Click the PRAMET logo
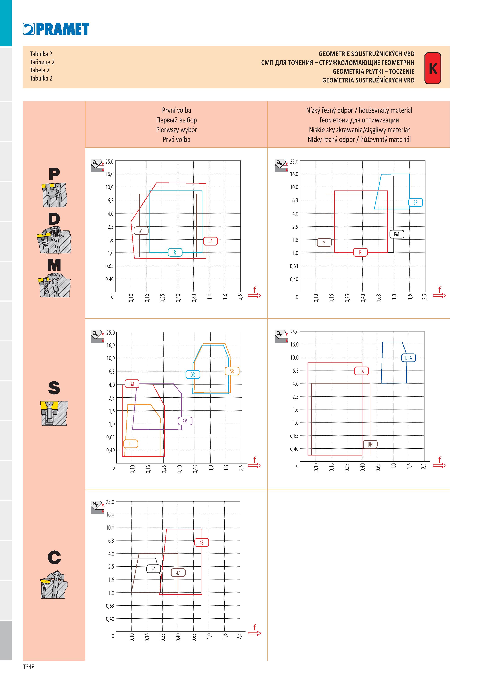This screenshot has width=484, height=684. point(56,29)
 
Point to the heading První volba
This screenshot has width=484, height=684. point(177,110)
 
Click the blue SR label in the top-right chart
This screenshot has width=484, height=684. point(415,203)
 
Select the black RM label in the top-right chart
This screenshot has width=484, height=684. point(397,234)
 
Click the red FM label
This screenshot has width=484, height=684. point(132,384)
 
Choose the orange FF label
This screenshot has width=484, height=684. point(131,444)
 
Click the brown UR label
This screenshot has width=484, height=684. point(370,445)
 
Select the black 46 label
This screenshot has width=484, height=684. point(154,569)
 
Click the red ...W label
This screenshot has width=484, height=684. point(361,371)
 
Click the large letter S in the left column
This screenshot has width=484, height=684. point(54,388)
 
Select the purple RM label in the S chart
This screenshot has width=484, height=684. point(185,421)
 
